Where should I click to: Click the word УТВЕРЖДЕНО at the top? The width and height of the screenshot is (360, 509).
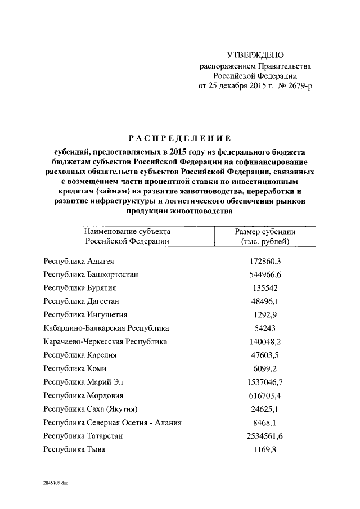tap(255, 55)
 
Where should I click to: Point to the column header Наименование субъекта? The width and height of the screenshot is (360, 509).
tap(127, 232)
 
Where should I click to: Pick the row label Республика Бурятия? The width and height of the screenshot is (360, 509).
tap(80, 288)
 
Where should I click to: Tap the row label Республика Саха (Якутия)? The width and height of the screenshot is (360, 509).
tap(91, 408)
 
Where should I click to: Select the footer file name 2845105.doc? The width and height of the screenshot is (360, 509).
tap(55, 483)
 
